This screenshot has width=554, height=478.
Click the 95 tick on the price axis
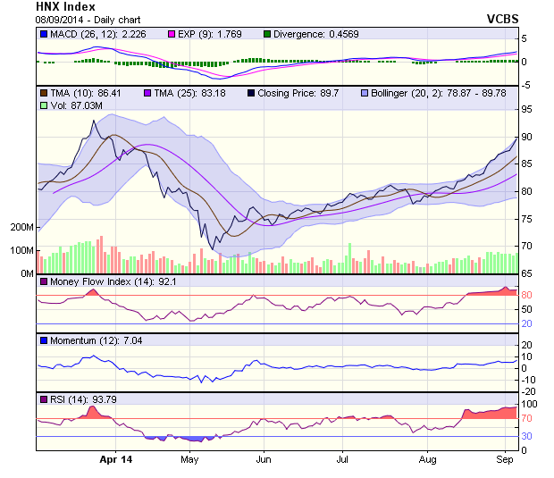tap(528, 109)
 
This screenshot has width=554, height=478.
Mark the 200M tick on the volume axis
tap(21, 228)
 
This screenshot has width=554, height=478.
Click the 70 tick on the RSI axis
tap(528, 417)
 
